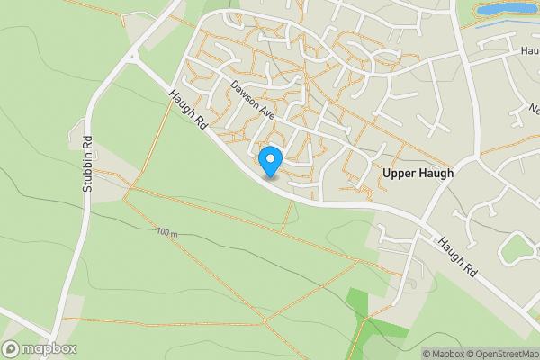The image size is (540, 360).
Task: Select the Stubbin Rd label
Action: coord(88,165)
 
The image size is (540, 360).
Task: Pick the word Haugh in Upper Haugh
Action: coord(436,172)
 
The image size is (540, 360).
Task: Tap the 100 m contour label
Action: coord(166,232)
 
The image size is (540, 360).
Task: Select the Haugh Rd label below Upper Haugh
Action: coord(458,256)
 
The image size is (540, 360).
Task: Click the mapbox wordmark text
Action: coord(49,349)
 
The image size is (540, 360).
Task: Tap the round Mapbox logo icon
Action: coord(12,349)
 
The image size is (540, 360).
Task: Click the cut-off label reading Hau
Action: coord(529,51)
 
